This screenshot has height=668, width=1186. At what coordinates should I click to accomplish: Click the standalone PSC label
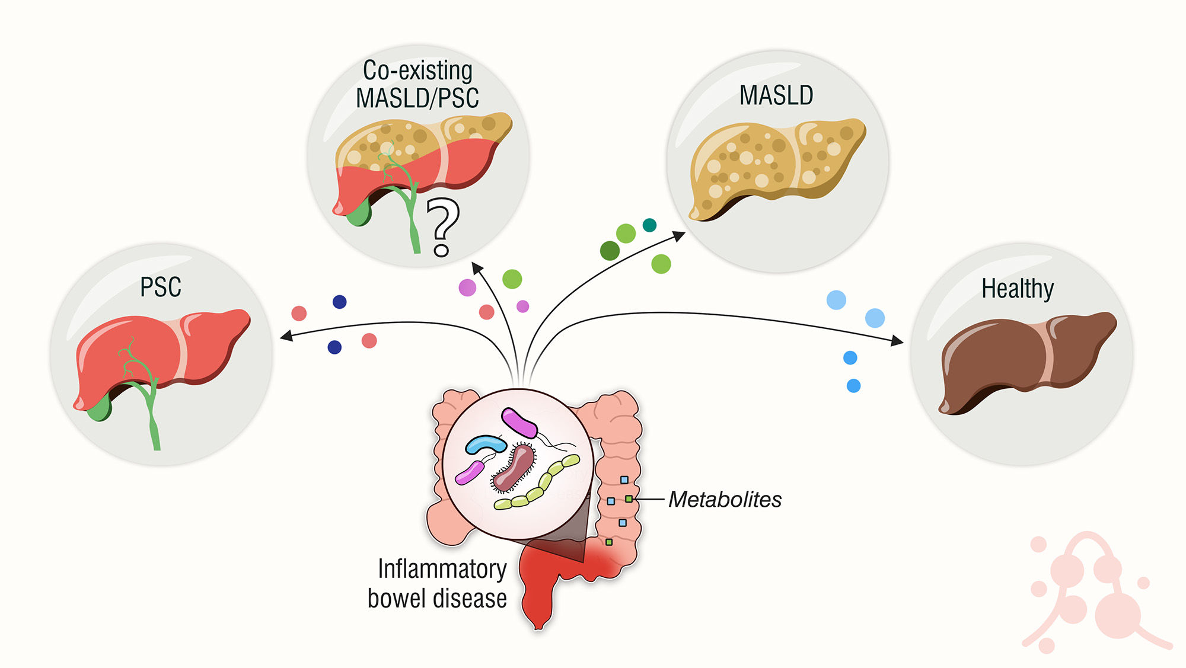coord(160,287)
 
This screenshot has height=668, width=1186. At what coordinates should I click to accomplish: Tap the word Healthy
coord(1018,289)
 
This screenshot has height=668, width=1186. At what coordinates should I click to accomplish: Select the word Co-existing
coord(417,71)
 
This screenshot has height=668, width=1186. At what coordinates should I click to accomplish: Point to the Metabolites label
coord(725,500)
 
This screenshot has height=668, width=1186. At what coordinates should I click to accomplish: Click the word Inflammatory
coord(442,569)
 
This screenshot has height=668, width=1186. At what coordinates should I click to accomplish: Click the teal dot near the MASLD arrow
coord(649,225)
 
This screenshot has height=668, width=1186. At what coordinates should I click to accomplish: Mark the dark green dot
coord(610,251)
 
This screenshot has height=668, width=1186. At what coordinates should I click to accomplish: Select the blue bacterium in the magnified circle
coord(485,444)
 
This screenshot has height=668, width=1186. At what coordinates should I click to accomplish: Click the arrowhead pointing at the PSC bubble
coord(286,336)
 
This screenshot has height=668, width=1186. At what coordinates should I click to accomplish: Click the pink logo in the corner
coord(1091,593)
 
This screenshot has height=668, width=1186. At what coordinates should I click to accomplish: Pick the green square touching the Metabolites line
coord(629,500)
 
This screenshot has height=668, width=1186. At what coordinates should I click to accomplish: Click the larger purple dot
coord(467,288)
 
